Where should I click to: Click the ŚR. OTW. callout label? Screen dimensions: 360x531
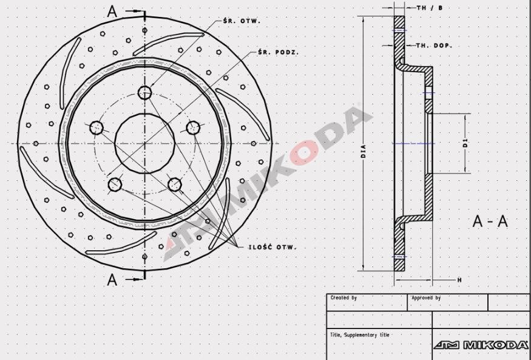[242, 21]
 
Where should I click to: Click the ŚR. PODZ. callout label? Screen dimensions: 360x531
[278, 52]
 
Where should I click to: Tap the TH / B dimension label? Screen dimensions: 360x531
[430, 8]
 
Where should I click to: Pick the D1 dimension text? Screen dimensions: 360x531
[465, 143]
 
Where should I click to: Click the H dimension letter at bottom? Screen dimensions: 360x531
[459, 280]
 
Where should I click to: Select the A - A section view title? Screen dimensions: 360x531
[490, 222]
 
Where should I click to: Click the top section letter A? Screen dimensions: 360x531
[112, 11]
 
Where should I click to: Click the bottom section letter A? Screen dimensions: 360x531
[112, 279]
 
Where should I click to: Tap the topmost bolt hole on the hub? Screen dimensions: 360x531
[144, 92]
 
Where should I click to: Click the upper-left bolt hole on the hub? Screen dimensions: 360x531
[96, 127]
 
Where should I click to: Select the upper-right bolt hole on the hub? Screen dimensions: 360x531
[193, 127]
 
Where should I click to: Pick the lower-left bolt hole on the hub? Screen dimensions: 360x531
[115, 184]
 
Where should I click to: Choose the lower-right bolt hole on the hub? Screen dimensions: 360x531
[175, 184]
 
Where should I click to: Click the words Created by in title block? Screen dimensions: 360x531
[343, 298]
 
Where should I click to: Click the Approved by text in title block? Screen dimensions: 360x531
[426, 298]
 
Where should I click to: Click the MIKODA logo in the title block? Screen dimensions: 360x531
[481, 345]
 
